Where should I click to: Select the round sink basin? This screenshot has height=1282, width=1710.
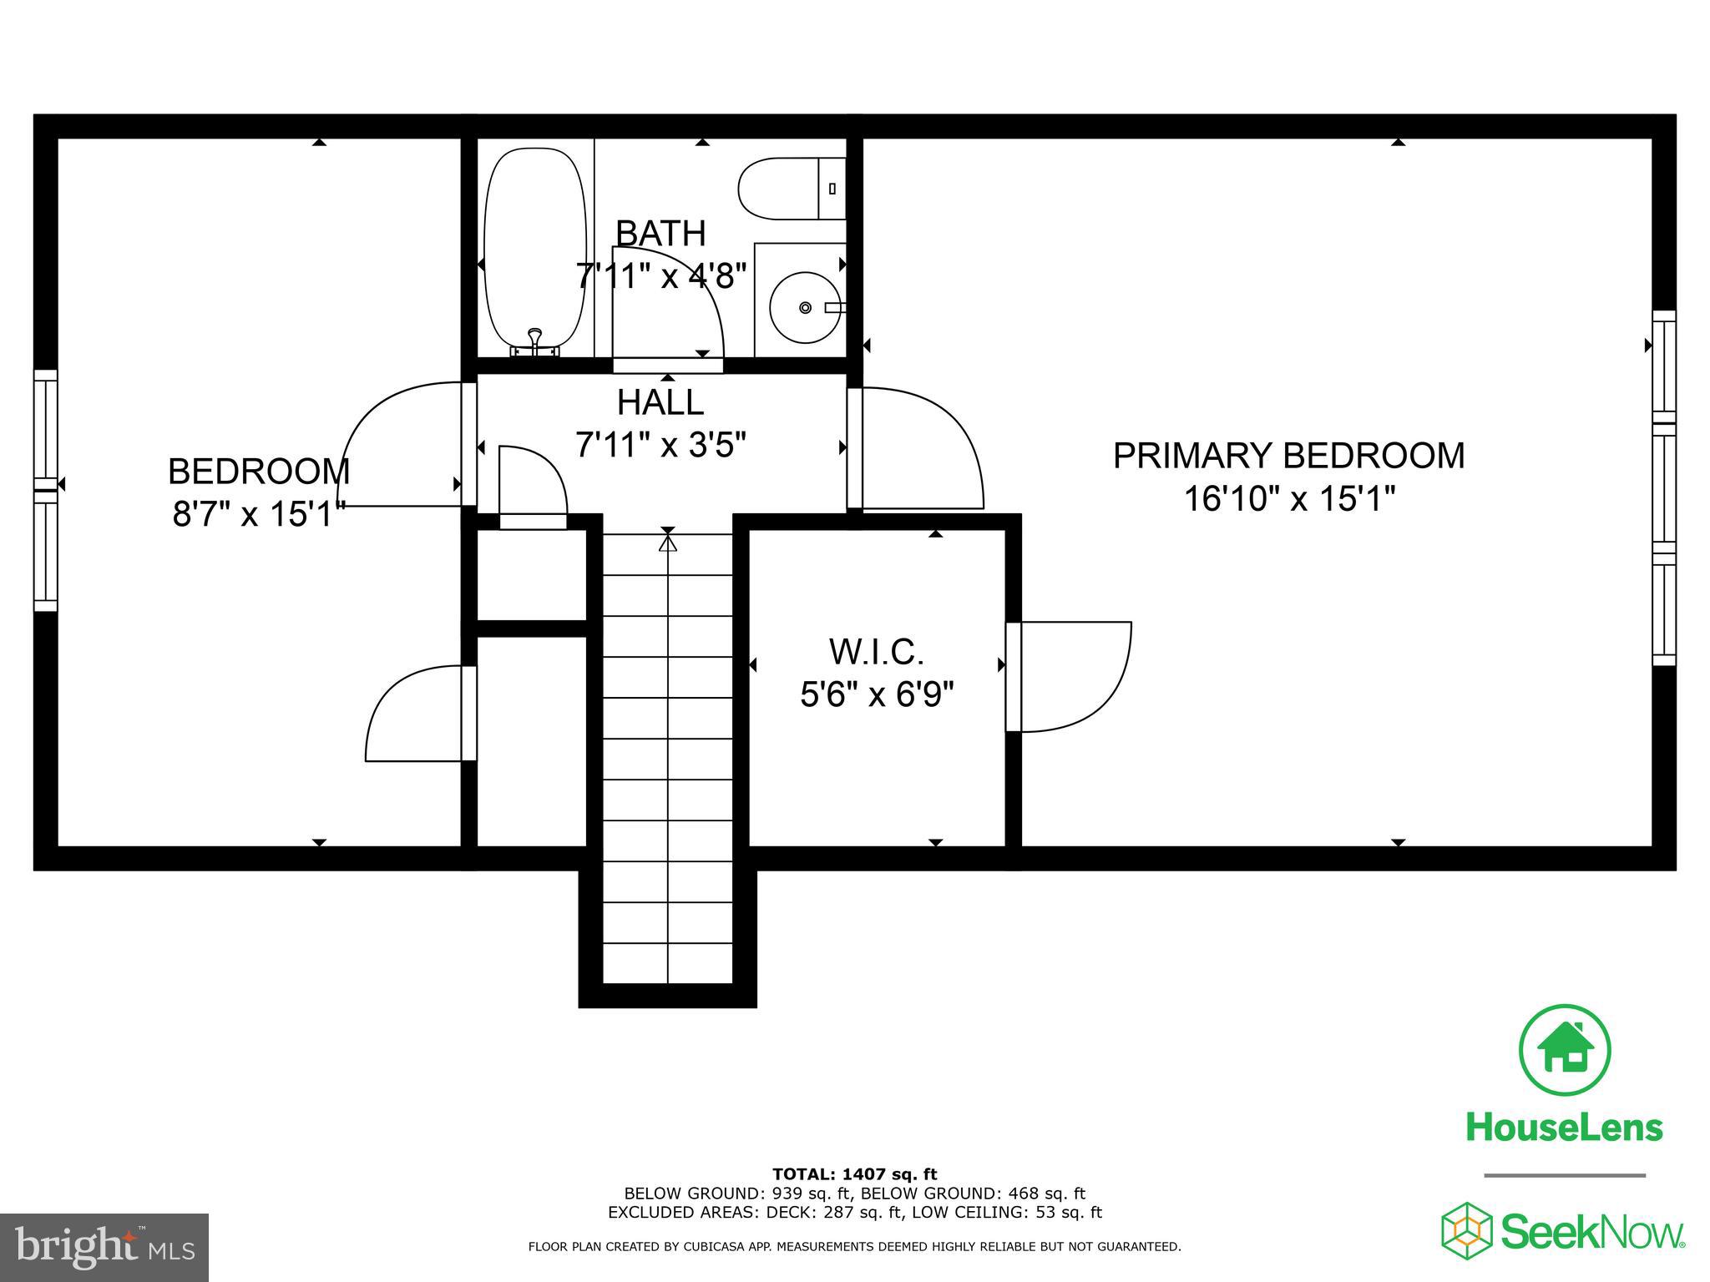tap(804, 307)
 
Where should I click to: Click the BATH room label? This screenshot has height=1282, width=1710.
tap(660, 234)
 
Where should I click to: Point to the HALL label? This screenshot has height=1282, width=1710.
tap(660, 403)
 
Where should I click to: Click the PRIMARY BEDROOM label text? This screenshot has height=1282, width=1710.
tap(1288, 456)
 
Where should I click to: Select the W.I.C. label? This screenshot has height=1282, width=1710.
tap(876, 651)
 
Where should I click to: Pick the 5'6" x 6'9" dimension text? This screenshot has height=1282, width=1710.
tap(877, 694)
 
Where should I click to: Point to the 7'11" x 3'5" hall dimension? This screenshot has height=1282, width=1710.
tap(660, 445)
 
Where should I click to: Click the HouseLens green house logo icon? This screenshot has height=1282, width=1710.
tap(1565, 1051)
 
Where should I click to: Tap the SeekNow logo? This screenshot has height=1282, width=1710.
tap(1563, 1232)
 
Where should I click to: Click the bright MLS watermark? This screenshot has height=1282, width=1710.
tap(104, 1248)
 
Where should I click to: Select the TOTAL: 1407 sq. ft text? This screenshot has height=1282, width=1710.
tap(854, 1174)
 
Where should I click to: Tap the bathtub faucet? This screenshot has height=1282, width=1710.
tap(534, 341)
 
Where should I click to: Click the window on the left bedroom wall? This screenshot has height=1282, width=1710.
tap(46, 491)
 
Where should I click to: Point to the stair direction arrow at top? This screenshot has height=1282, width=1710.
tap(667, 543)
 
